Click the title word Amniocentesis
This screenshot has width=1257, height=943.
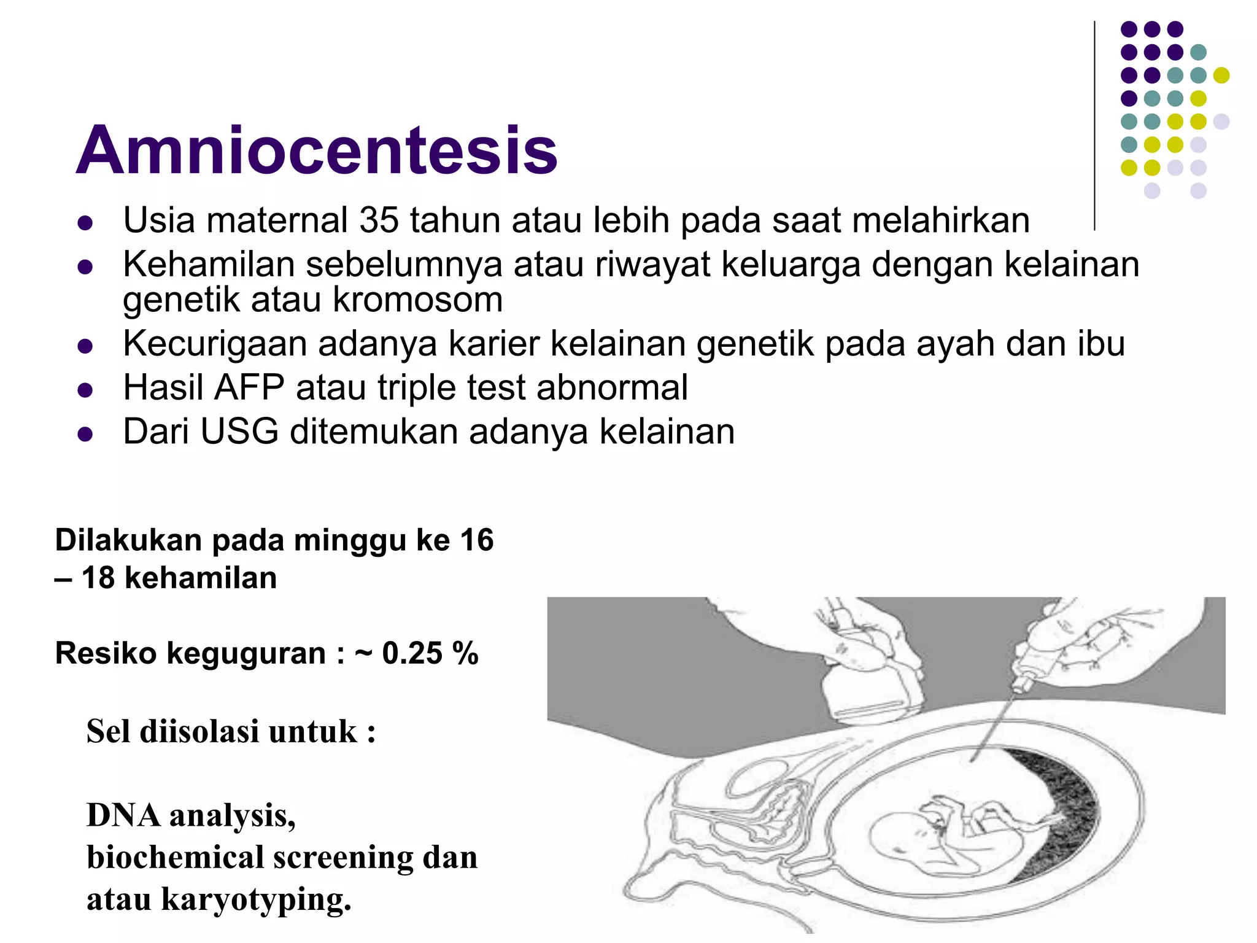point(316,150)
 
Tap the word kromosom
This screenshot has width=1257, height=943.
point(417,300)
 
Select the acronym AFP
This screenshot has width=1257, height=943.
point(249,388)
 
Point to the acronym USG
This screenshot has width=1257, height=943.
point(239,432)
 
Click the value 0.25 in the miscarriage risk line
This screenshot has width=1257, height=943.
point(412,653)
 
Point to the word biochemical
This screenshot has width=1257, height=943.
point(175,858)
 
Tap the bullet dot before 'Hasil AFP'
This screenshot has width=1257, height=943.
point(85,390)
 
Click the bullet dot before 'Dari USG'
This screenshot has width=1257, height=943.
point(85,434)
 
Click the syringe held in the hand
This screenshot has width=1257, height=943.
point(1037,663)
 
